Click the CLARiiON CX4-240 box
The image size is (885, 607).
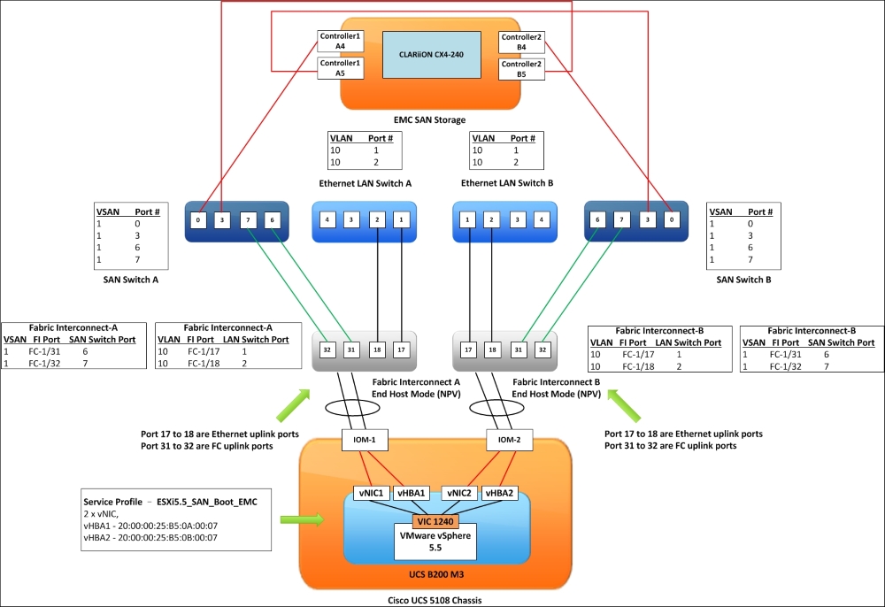coord(432,55)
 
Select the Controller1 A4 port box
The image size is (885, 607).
coord(341,42)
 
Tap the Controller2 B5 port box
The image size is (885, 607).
coord(521,69)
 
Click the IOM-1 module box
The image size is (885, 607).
coord(365,440)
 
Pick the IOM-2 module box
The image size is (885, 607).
coord(509,440)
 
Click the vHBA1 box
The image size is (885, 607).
coord(411,493)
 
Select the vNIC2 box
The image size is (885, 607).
coord(459,493)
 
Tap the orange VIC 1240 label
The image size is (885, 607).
coord(435,521)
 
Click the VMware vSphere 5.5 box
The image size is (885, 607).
coord(435,542)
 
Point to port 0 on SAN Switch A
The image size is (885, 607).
coord(198,220)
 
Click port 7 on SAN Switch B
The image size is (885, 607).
coord(621,220)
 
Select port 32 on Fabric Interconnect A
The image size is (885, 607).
coord(327,350)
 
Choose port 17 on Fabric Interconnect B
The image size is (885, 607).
coord(468,350)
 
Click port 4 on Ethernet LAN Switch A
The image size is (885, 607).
coord(327,219)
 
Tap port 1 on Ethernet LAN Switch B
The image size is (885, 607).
coord(467,219)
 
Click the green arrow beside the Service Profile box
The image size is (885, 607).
coord(302,519)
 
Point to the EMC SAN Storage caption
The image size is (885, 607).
coord(429,119)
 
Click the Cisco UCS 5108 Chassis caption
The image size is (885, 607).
coord(435,600)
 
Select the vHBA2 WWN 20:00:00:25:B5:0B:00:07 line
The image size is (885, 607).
coord(150,538)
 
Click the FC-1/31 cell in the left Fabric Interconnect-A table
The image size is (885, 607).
coord(44,351)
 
